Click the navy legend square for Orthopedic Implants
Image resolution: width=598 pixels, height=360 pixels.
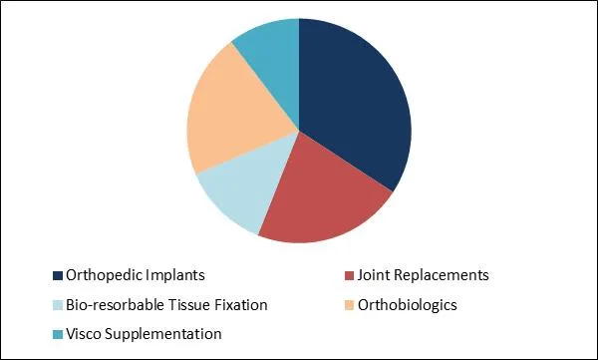coord(57,275)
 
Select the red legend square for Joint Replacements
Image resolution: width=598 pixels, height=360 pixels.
coord(350,275)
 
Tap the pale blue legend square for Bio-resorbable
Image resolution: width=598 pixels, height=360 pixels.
coord(57,304)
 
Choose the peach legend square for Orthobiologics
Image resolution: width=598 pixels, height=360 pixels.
coord(350,304)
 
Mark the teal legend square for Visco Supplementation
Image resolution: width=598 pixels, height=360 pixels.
coord(57,333)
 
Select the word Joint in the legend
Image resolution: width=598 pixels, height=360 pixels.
coord(377,275)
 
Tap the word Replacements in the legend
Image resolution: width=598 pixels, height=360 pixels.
coord(443,275)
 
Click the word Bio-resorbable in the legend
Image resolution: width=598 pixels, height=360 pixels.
coord(115,304)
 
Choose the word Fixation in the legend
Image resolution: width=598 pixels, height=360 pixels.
coord(244,304)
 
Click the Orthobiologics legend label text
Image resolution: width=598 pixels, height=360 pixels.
coord(409,304)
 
